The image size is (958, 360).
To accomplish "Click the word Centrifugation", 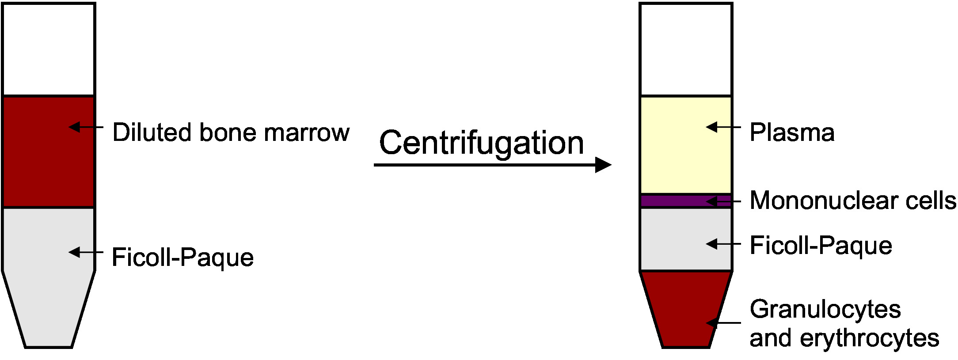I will point(481,143).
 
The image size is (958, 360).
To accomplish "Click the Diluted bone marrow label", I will point(231,133).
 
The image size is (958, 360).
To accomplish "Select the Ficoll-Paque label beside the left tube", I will point(182,257).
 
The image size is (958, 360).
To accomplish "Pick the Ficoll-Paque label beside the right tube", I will point(821,245).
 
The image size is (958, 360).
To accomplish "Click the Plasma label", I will point(792,133).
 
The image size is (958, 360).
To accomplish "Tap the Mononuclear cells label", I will point(853,201).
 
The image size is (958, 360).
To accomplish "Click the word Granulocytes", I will point(825,309).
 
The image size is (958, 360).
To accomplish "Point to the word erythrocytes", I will point(869,338).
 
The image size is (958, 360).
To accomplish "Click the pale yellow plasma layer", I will point(676,146).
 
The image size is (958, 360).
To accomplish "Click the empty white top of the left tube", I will point(49,49).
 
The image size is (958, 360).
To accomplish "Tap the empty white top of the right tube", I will point(686,49).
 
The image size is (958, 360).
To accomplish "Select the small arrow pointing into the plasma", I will point(723,127).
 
